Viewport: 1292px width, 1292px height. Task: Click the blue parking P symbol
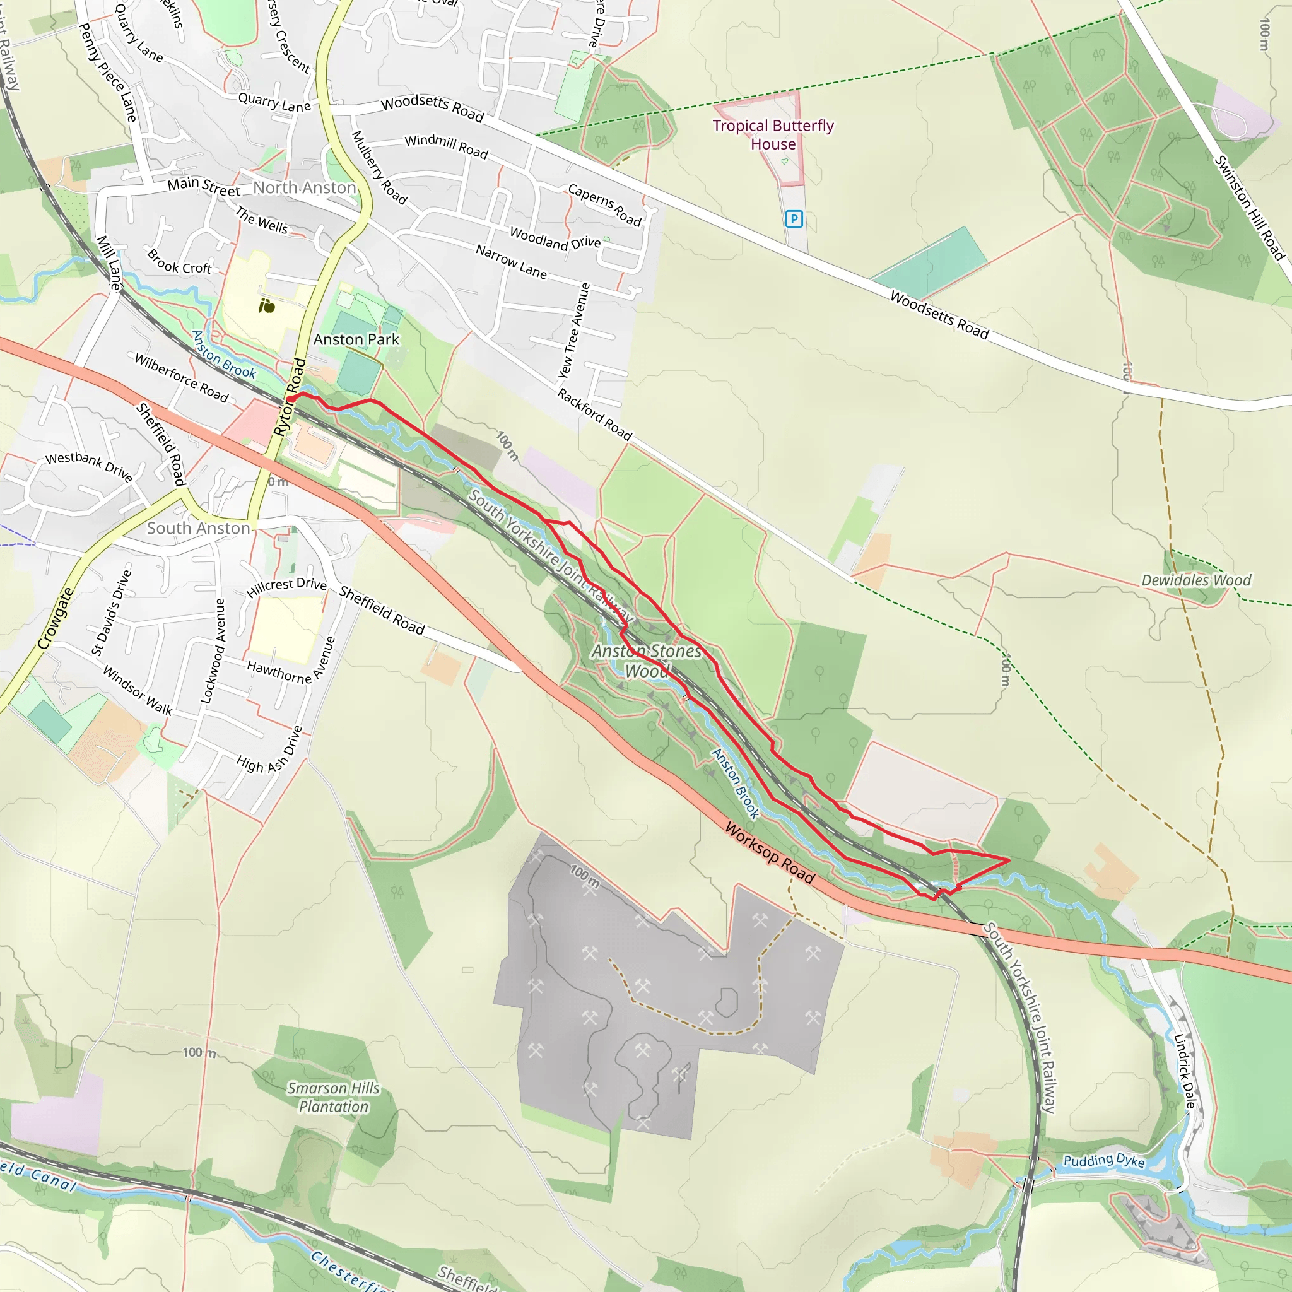coord(794,219)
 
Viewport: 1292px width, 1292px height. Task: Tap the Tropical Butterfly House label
coord(773,134)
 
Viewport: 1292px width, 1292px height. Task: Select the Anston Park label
coord(356,340)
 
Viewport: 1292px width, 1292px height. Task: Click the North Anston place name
coord(304,188)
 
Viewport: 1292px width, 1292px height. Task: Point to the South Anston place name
coord(199,528)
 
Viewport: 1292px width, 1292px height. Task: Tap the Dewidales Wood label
coord(1195,580)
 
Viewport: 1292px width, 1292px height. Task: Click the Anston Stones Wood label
coord(647,660)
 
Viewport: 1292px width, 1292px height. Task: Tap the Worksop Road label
coord(770,854)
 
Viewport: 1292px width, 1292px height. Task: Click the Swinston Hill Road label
coord(1248,208)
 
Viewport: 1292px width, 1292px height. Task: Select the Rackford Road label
coord(594,414)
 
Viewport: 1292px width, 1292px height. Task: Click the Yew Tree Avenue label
coord(575,331)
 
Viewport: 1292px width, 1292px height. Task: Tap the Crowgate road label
coord(56,619)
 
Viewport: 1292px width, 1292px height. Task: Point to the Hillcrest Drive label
coord(286,587)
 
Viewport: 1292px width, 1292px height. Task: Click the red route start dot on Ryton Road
coord(291,399)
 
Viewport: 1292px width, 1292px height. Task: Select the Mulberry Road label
coord(379,167)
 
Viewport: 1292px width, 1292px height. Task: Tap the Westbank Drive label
coord(89,466)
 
